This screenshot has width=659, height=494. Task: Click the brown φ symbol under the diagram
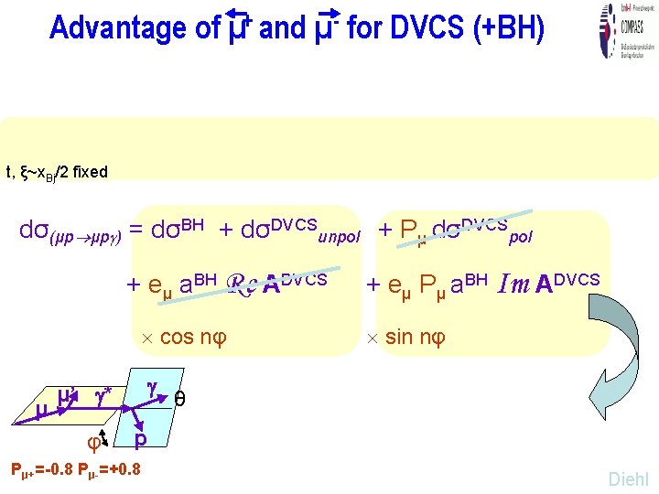pos(92,443)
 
